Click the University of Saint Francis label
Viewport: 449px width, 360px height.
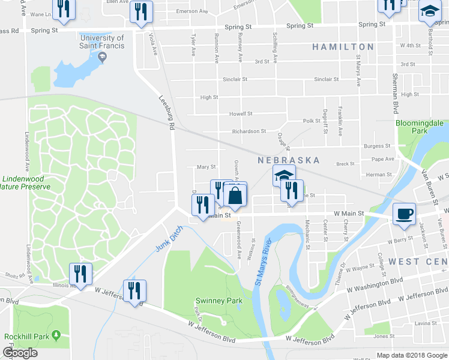tap(102, 41)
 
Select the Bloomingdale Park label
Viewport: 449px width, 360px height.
tap(419, 127)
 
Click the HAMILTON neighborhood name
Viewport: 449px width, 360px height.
tap(343, 47)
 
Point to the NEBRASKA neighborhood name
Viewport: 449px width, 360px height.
tap(288, 161)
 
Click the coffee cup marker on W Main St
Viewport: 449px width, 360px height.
tap(403, 214)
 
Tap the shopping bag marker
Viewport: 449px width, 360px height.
tap(235, 195)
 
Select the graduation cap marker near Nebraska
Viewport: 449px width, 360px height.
tap(283, 176)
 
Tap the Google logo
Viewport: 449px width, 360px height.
tap(20, 353)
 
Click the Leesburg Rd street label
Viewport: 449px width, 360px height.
tap(166, 114)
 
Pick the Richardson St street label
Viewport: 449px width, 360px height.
tap(249, 131)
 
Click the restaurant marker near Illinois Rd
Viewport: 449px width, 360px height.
tap(79, 274)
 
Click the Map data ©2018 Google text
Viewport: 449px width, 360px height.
tap(411, 356)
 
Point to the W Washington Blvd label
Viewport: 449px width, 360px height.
tap(376, 286)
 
